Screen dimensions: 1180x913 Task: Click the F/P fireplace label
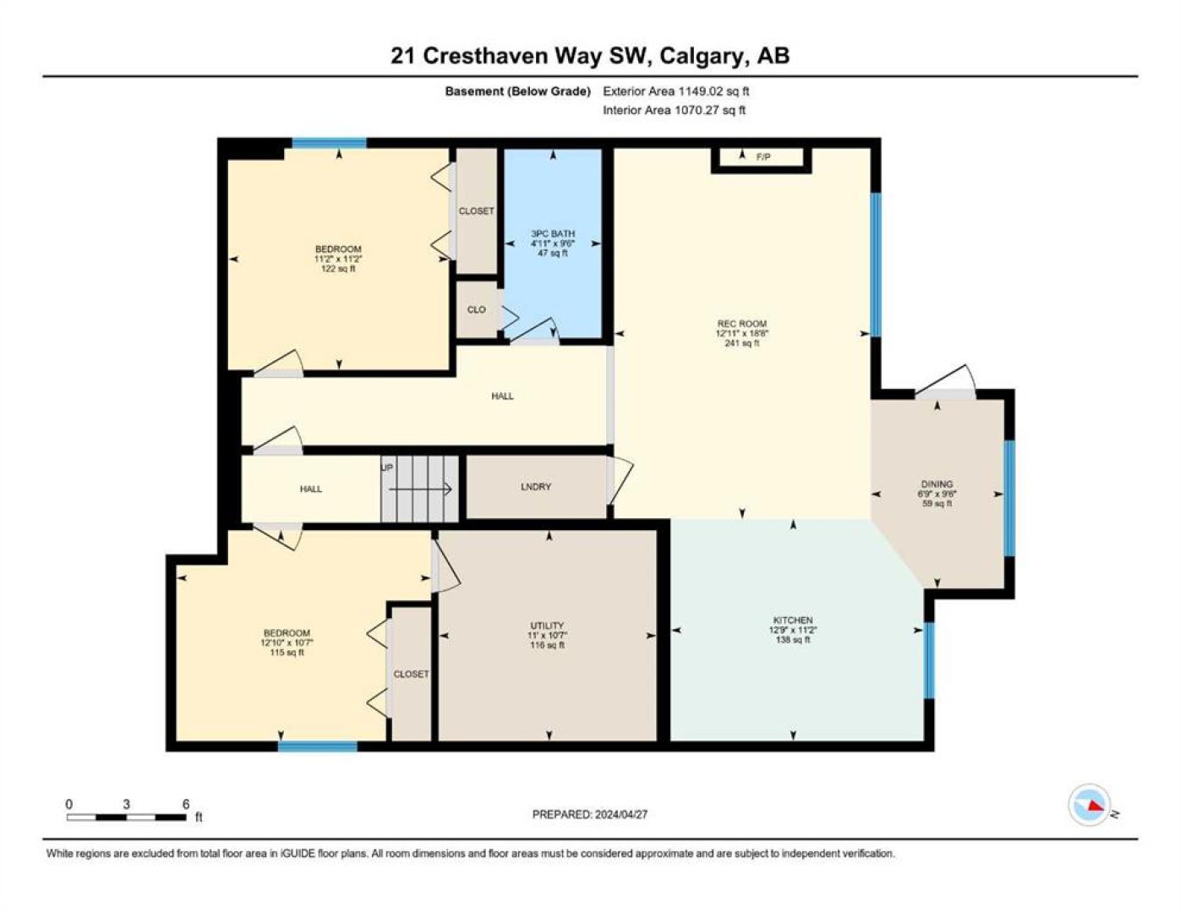[x=763, y=157]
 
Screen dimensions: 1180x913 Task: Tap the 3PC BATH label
[x=553, y=233]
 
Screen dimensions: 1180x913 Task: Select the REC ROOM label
[x=742, y=324]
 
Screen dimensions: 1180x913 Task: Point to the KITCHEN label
[x=793, y=621]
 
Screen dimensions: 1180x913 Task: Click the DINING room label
[x=937, y=484]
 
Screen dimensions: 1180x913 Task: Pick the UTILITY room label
[x=548, y=626]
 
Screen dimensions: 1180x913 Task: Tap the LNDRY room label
[x=536, y=487]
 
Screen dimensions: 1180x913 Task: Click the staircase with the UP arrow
[x=420, y=489]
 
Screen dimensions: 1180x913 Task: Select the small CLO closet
[x=476, y=309]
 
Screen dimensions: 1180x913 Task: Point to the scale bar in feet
[x=127, y=817]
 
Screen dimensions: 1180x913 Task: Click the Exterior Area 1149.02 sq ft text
[x=676, y=91]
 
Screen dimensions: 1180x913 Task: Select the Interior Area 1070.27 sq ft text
[x=674, y=110]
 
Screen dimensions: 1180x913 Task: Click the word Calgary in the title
[x=701, y=57]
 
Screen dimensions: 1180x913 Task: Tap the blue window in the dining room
[x=1009, y=499]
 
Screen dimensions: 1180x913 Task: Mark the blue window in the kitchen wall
[x=929, y=660]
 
